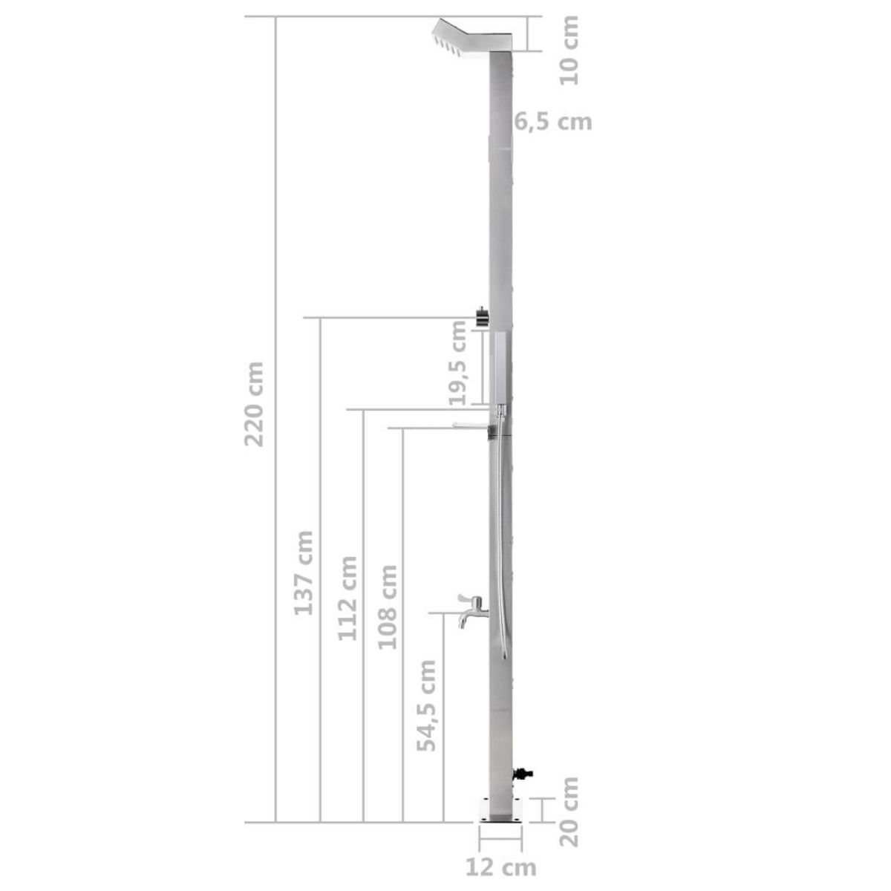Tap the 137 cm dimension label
[303, 572]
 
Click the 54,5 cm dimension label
[426, 705]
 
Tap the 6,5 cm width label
[554, 121]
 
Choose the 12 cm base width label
[500, 866]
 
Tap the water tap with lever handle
[470, 610]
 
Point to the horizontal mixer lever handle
[469, 425]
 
